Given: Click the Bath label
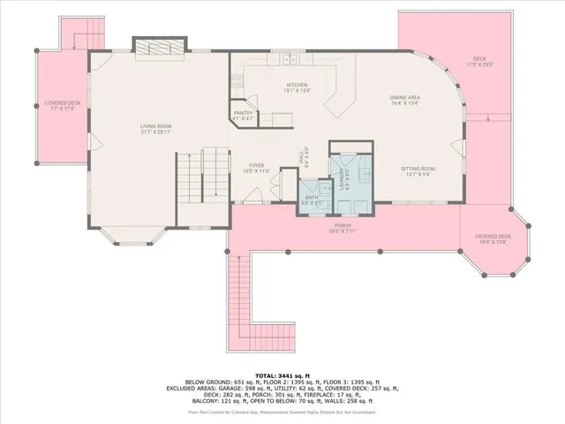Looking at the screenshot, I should click(311, 199).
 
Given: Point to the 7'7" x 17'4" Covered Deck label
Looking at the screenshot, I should click(63, 105).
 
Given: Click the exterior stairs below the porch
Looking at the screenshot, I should click(238, 300).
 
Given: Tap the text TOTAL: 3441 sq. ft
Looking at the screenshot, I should click(282, 375).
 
